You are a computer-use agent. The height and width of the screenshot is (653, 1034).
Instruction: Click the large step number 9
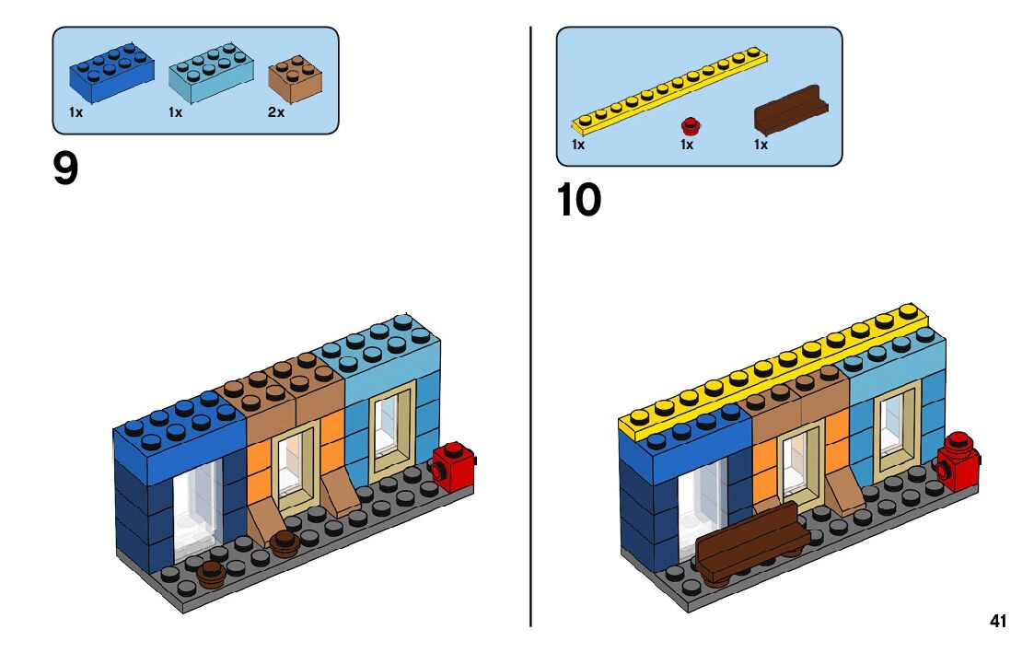(65, 169)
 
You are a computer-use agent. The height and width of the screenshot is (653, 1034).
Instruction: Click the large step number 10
(578, 200)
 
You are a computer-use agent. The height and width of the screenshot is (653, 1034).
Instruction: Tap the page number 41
(998, 621)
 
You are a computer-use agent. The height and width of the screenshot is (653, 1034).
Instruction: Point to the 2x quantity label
(276, 112)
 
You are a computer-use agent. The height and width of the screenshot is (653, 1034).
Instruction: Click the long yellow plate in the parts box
(670, 88)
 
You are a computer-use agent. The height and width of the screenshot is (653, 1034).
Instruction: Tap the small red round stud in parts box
(690, 125)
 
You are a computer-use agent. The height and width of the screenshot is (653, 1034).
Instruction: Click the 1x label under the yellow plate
(578, 145)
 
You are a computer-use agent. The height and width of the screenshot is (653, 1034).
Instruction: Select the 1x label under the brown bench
(761, 145)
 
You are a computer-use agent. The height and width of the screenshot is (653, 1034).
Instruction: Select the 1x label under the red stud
(687, 145)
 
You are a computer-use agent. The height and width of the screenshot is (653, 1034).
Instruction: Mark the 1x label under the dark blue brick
(76, 112)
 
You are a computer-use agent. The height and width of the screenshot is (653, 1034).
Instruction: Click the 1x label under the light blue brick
(175, 112)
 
